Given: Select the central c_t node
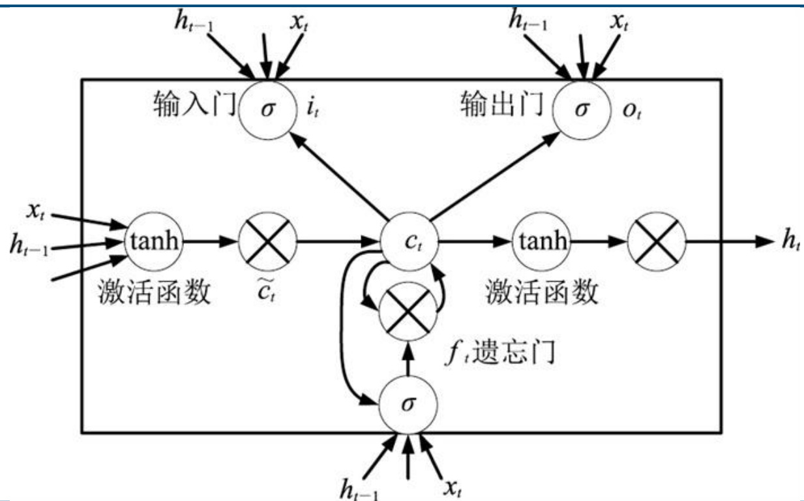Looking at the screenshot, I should tap(408, 241).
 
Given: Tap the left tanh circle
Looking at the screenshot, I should tap(155, 241).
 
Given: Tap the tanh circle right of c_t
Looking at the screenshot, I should tap(541, 241).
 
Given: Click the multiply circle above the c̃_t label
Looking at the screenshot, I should tap(267, 241).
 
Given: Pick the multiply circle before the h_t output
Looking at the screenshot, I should tap(657, 241).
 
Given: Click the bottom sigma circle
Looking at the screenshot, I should tap(408, 403).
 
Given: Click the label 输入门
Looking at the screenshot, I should tap(194, 104).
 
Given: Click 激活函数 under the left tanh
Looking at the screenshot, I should tap(155, 292).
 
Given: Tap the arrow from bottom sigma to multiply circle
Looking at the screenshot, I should tap(408, 357).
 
